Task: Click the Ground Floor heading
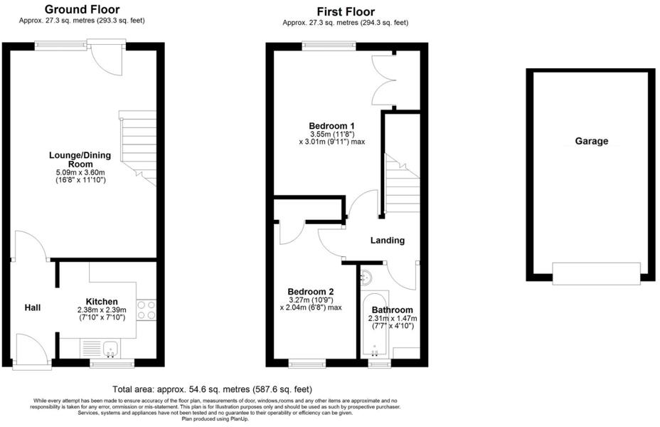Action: coord(82,9)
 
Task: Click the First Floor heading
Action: coord(346,11)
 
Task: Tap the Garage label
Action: coord(591,141)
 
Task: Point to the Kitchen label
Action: coord(102,302)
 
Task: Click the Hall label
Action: coord(33,307)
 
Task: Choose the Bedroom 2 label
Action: coord(311,292)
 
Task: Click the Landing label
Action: coord(388,241)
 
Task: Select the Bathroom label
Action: coord(392,310)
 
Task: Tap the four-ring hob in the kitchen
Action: coord(147,310)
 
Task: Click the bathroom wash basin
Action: coord(368,277)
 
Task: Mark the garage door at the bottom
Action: coord(597,273)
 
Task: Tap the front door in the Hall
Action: coord(32,352)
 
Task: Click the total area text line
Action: coord(213,389)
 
